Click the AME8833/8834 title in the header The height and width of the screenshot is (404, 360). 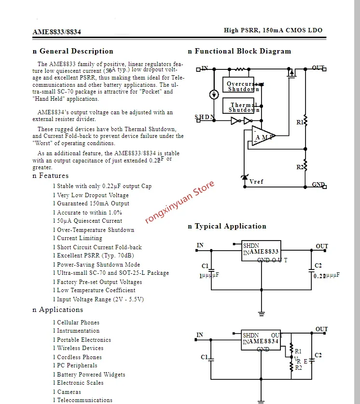pyautogui.click(x=56, y=32)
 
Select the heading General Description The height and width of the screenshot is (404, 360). pyautogui.click(x=76, y=51)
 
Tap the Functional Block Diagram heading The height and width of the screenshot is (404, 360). pyautogui.click(x=243, y=51)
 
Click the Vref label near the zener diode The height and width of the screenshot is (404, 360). pyautogui.click(x=256, y=182)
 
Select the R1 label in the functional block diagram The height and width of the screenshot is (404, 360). pyautogui.click(x=300, y=122)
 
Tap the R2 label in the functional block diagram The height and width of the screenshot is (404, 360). pyautogui.click(x=300, y=167)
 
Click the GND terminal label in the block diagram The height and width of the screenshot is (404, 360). pyautogui.click(x=318, y=185)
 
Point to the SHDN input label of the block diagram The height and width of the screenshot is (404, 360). pyautogui.click(x=204, y=117)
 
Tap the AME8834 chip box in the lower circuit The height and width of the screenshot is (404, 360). pyautogui.click(x=262, y=341)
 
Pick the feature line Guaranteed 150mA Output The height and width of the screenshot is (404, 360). pyautogui.click(x=93, y=203)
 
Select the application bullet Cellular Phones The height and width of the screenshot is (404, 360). pyautogui.click(x=78, y=323)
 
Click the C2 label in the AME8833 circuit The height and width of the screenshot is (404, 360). pyautogui.click(x=318, y=266)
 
